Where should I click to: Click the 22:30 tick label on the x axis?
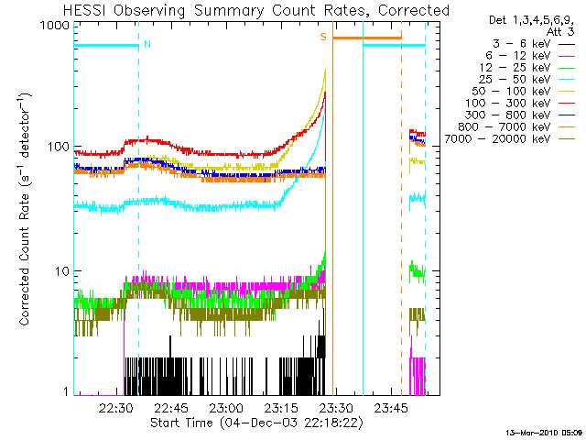point(117,408)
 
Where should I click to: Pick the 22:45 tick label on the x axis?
point(171,408)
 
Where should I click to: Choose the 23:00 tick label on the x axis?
point(225,408)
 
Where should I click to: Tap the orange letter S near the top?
point(322,38)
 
